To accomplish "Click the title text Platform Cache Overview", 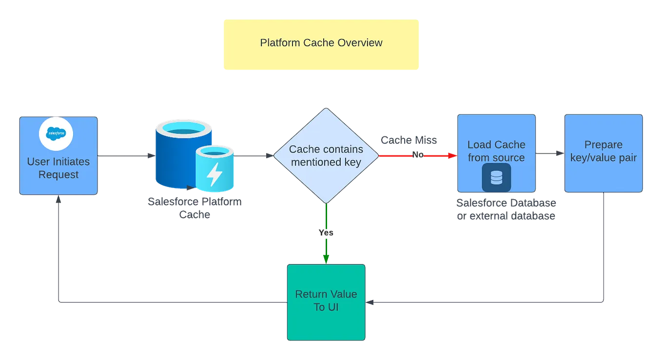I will (x=321, y=43).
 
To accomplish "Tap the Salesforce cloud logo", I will (x=56, y=133).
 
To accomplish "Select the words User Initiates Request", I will (x=58, y=168).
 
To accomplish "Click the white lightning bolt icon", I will (x=214, y=175).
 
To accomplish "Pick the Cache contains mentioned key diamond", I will (x=326, y=155).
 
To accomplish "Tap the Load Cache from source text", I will (x=496, y=151).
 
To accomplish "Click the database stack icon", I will (x=496, y=178).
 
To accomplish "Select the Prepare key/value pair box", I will (x=604, y=153).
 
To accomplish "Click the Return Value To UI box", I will (x=326, y=302).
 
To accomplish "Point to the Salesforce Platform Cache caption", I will (x=194, y=208).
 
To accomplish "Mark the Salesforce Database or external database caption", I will (x=507, y=209).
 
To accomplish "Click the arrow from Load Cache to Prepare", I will (x=550, y=154).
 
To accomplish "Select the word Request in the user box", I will (x=58, y=174).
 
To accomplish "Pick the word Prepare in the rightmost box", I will (x=604, y=145).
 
